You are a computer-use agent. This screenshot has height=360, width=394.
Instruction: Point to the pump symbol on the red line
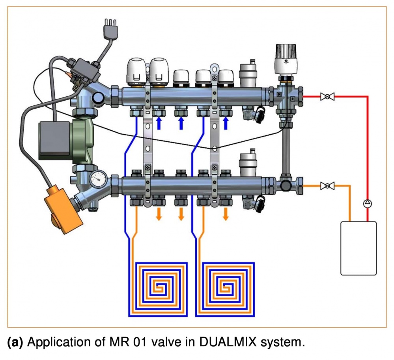367,204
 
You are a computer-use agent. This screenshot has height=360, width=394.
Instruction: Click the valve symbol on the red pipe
327,97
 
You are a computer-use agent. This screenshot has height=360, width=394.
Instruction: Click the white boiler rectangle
359,248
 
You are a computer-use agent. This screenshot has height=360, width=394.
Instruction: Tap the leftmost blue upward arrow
159,123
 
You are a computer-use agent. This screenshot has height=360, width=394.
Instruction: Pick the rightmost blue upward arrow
226,123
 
